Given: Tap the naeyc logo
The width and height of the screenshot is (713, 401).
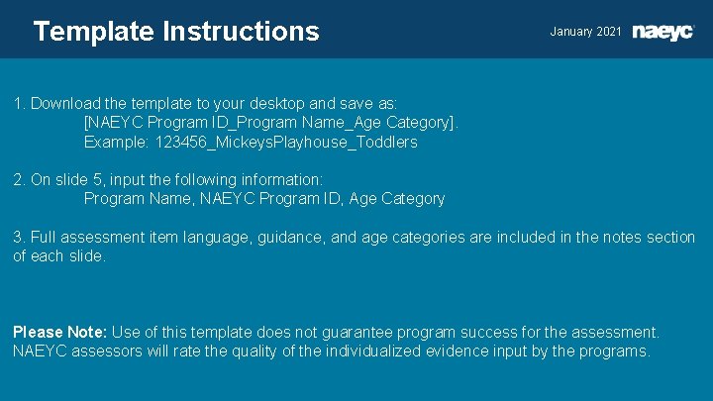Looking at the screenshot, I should point(663,32).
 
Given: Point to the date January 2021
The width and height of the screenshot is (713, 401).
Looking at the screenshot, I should point(585,32).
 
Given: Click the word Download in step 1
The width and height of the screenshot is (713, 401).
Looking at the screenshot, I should point(67,103).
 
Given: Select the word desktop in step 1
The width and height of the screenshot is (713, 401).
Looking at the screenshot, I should point(299,103).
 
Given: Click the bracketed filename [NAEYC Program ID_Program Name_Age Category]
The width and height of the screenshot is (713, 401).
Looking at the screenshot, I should point(271,123).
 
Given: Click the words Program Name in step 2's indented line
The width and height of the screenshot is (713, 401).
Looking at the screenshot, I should point(138,198).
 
